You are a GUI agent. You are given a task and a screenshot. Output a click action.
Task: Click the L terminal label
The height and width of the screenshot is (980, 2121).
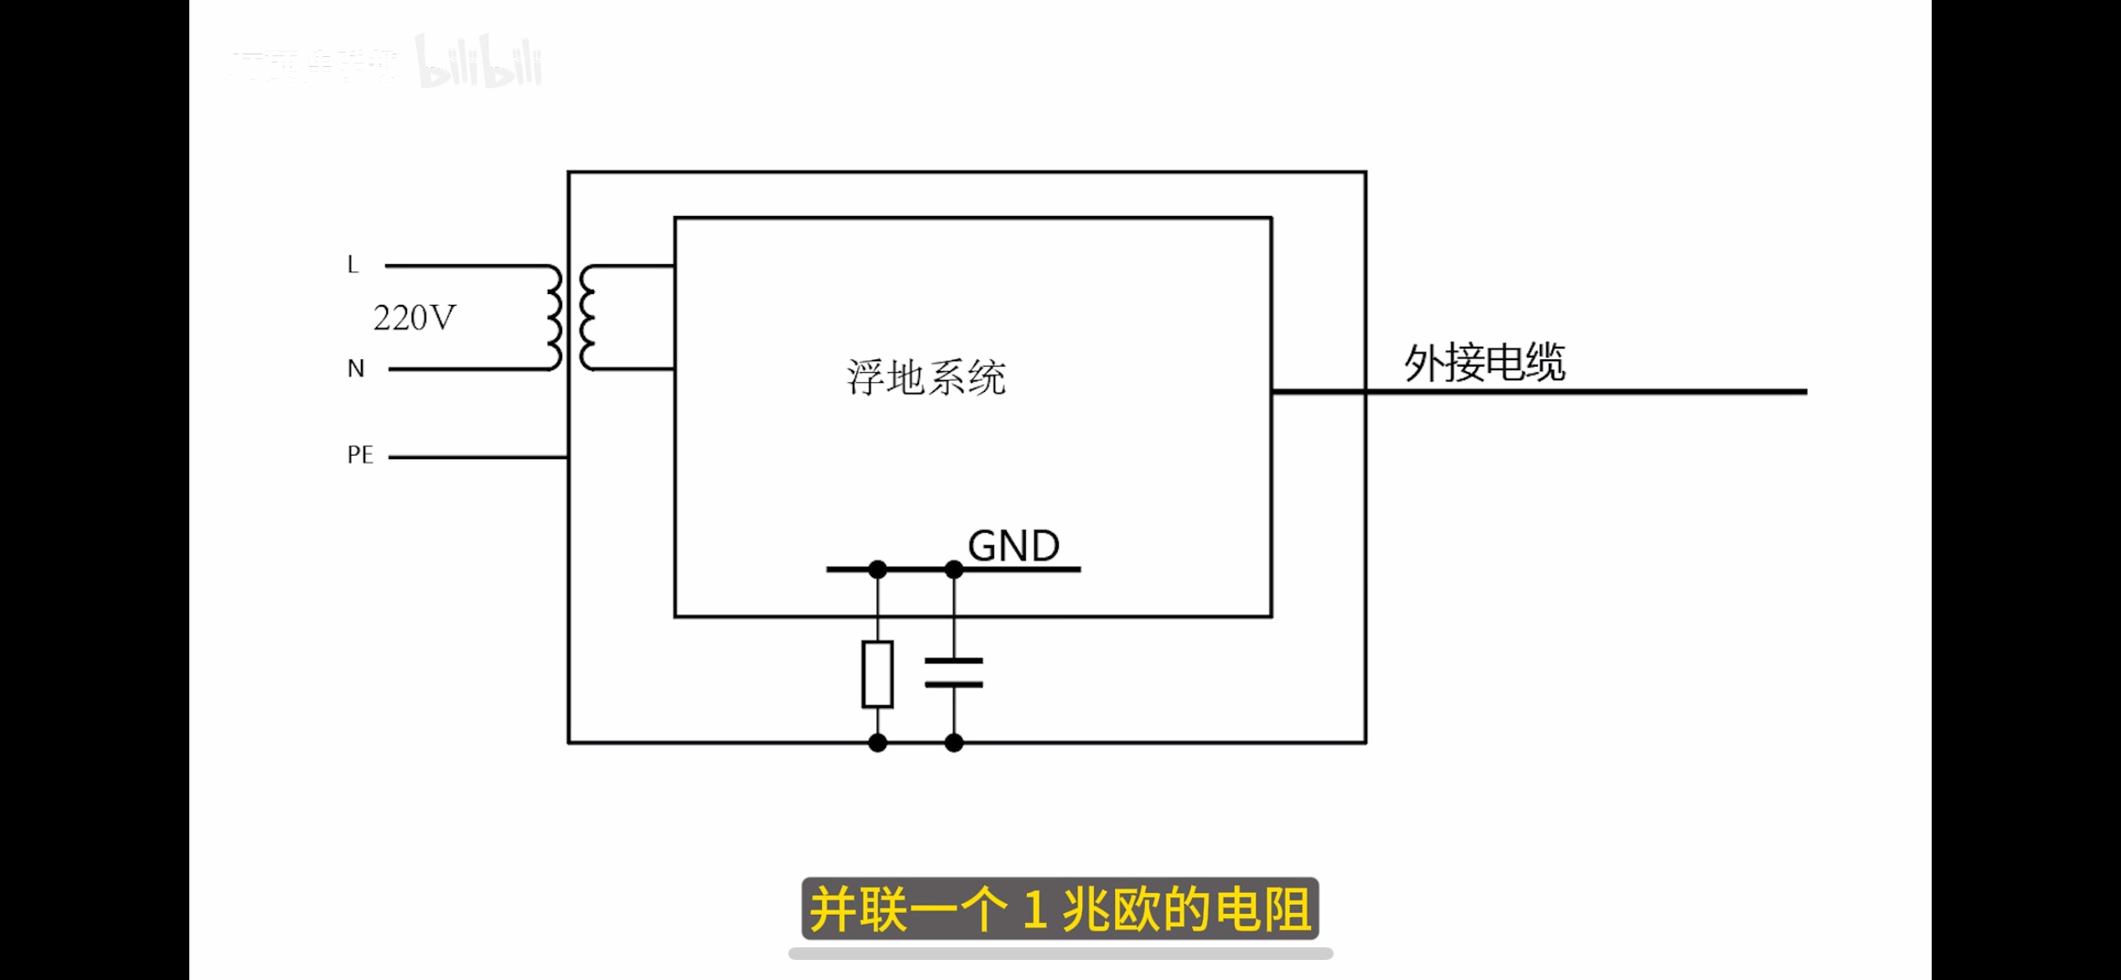tap(353, 265)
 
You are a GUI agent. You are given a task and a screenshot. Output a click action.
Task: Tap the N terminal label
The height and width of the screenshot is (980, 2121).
tap(356, 369)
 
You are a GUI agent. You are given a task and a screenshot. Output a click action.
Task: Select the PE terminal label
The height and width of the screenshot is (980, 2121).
tap(360, 455)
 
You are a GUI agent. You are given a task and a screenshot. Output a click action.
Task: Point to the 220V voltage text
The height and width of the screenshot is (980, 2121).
tap(415, 318)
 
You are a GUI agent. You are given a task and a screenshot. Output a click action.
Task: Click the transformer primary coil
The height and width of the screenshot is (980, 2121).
tap(554, 317)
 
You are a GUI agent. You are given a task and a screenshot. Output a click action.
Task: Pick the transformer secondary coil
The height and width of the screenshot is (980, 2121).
tap(587, 317)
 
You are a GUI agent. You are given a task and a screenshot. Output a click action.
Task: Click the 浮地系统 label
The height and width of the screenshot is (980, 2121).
tap(926, 378)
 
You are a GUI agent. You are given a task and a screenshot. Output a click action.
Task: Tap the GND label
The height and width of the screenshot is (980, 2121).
tap(1014, 546)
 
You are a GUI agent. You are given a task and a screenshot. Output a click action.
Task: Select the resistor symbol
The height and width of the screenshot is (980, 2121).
tap(877, 674)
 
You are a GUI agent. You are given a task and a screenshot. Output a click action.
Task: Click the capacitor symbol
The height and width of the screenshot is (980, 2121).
tap(953, 673)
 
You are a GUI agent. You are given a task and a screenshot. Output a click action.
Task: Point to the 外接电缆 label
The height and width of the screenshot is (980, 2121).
tap(1484, 363)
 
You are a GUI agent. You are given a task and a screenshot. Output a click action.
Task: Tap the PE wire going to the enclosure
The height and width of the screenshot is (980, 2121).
tap(477, 457)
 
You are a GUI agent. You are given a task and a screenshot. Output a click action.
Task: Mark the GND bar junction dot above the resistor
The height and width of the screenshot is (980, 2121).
tap(877, 570)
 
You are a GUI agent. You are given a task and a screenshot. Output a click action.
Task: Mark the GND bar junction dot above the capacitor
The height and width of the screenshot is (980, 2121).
tap(953, 570)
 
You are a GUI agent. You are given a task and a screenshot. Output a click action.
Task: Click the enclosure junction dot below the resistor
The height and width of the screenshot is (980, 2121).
tap(877, 743)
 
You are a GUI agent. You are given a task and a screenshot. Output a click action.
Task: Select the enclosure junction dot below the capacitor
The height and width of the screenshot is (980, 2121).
tap(953, 743)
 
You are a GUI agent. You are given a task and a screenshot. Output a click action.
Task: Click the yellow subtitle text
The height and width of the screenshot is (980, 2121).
tap(1060, 910)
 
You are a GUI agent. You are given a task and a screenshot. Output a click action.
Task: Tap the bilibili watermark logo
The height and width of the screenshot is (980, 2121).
tap(479, 63)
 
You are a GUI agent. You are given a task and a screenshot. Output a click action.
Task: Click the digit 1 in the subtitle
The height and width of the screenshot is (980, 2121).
tap(1035, 910)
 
